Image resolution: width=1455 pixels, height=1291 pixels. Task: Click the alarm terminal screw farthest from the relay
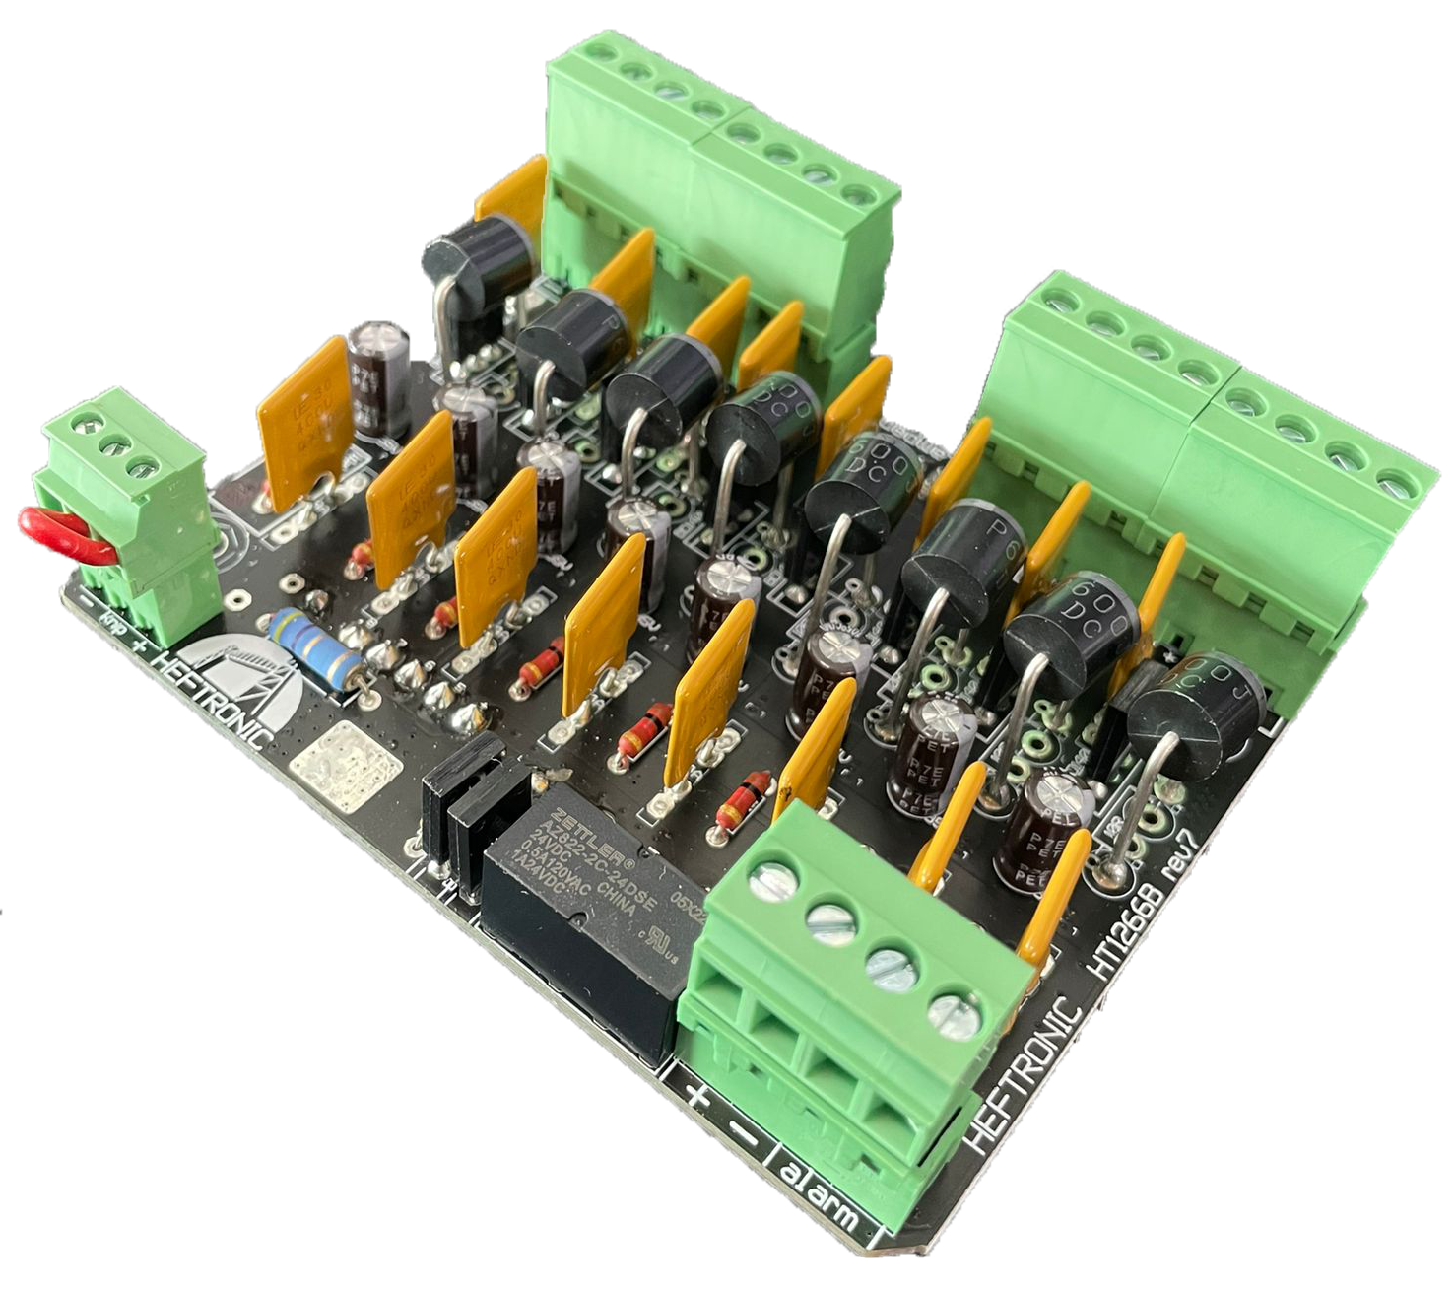(951, 1014)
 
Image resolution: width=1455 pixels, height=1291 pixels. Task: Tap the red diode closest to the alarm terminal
(741, 798)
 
